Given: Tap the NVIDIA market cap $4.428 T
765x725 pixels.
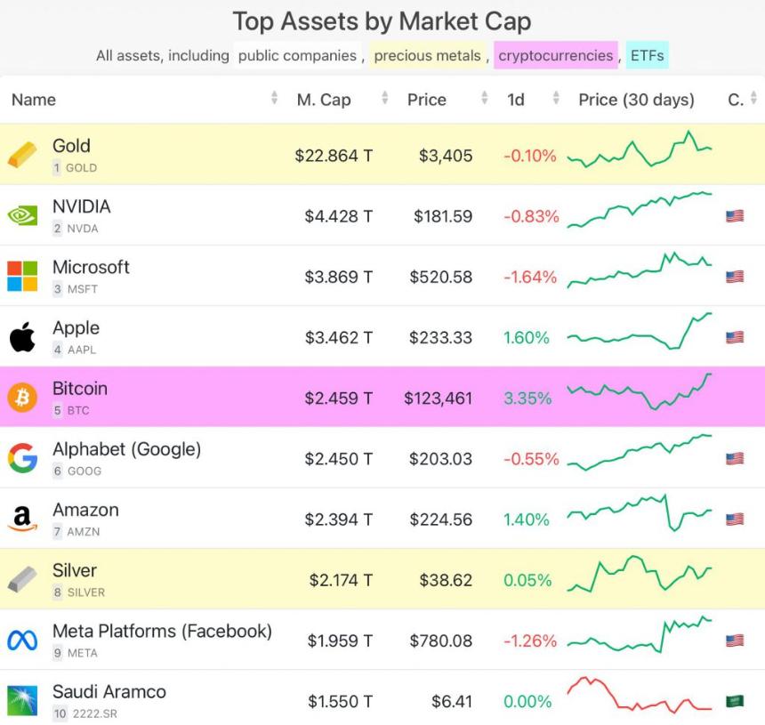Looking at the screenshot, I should [x=338, y=216].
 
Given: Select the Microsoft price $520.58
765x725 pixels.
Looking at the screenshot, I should [x=440, y=277].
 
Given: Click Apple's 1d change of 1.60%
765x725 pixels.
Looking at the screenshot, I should [x=527, y=338].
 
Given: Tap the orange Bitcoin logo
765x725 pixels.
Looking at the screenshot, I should [x=22, y=398].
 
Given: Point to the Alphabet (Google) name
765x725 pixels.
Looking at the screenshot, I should [x=126, y=449].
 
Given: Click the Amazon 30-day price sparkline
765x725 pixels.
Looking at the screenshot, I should [x=640, y=513].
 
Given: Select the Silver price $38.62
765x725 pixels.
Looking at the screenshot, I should [x=446, y=580].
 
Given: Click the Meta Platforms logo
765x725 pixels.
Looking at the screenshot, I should [x=22, y=640].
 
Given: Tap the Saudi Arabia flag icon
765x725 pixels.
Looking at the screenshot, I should [x=734, y=701].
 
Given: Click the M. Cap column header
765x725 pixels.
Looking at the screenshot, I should [x=323, y=100].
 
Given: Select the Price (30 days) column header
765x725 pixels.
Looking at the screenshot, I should [x=636, y=100].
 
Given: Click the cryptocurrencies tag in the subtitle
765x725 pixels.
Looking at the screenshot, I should [x=555, y=55].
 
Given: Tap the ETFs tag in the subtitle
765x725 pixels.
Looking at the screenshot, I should [x=647, y=55].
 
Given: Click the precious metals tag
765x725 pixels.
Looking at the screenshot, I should [x=427, y=55].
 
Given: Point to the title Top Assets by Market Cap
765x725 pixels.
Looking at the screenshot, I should [x=382, y=20].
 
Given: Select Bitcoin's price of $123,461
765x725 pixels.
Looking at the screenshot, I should [x=438, y=399].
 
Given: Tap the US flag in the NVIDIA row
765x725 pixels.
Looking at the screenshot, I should [x=734, y=216].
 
